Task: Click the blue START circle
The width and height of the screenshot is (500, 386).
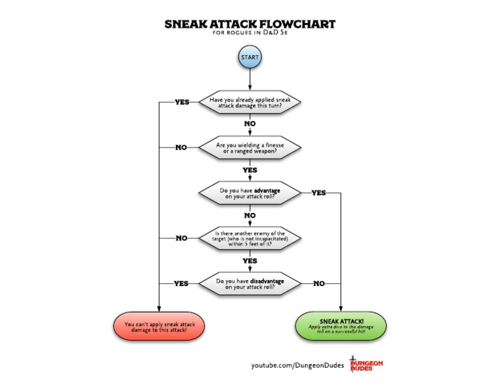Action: (250, 57)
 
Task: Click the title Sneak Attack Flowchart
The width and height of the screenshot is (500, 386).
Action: (250, 24)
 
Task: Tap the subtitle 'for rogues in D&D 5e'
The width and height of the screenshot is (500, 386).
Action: (250, 32)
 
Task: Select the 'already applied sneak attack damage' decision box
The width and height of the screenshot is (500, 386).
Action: (250, 102)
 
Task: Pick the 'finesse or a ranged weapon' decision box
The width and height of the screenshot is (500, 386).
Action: (250, 148)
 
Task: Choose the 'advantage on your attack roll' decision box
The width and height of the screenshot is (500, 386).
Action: (250, 193)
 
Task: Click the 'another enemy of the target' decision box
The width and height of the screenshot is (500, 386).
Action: (250, 238)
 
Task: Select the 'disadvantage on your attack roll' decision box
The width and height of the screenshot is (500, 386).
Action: (250, 283)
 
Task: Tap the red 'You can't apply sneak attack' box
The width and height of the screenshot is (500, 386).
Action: (159, 326)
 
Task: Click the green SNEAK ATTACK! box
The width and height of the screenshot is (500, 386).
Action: (341, 326)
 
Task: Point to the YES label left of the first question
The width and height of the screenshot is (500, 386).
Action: (182, 102)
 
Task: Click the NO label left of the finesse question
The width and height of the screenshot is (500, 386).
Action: (181, 148)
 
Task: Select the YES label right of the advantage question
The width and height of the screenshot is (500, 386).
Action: (318, 193)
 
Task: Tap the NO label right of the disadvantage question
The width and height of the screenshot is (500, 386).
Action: (319, 283)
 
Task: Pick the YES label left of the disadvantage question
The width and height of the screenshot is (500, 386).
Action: (181, 283)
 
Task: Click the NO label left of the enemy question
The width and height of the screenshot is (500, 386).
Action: (182, 238)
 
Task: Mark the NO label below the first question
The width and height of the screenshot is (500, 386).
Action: (250, 123)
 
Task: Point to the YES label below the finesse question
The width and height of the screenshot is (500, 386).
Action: (250, 170)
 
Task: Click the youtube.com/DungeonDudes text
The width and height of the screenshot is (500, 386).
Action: (298, 365)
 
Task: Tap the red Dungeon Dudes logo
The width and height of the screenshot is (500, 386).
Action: (366, 364)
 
